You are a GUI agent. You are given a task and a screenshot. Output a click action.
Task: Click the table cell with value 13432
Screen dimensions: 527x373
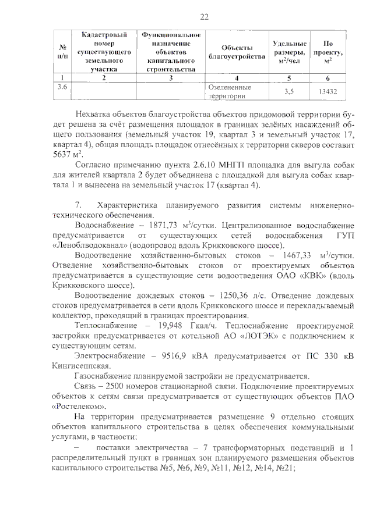pyautogui.click(x=329, y=92)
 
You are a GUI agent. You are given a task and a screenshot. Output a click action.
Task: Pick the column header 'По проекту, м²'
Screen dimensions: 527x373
pyautogui.click(x=329, y=52)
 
